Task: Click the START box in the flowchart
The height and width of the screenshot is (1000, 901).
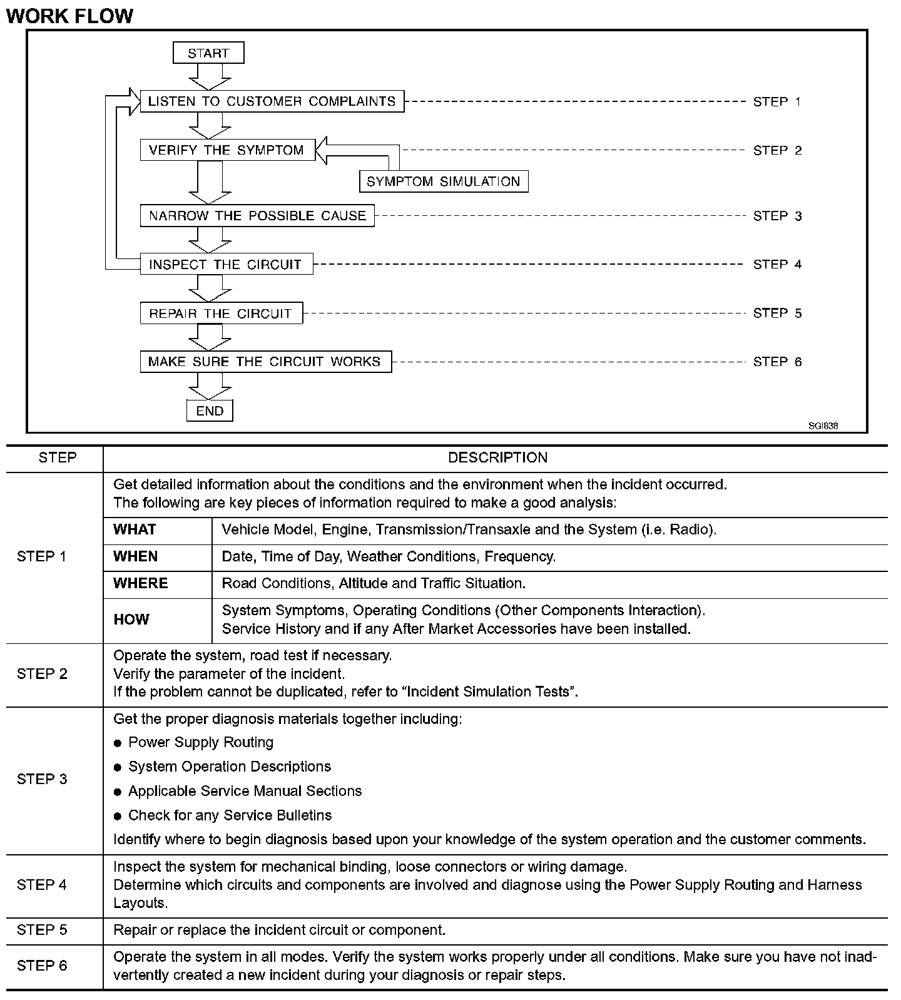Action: [208, 53]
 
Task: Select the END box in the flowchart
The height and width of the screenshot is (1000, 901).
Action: [210, 411]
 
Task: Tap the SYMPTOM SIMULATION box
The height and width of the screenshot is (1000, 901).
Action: [444, 181]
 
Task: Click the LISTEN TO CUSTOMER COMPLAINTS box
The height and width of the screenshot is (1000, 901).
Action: [272, 101]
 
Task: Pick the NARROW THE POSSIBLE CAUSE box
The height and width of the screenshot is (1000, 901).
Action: [257, 216]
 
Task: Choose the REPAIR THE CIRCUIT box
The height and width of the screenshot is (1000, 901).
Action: [221, 313]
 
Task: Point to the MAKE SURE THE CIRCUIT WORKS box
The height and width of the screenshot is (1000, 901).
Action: [265, 362]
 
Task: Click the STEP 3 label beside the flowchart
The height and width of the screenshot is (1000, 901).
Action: [777, 216]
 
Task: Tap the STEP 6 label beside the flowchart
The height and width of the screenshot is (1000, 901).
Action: [777, 362]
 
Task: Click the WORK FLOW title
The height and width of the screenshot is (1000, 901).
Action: [69, 16]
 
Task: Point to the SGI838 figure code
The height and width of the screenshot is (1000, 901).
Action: [823, 426]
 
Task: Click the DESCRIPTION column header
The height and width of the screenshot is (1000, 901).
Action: [497, 458]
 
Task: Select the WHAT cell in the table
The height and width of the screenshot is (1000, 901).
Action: [135, 530]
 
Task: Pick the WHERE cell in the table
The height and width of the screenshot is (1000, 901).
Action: [141, 584]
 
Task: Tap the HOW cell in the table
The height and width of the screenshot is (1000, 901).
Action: [131, 620]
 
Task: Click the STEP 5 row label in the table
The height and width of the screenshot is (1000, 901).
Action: [42, 930]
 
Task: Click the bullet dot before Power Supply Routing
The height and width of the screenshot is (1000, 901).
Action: [118, 743]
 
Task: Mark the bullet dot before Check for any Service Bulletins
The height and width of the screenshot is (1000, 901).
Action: [118, 816]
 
